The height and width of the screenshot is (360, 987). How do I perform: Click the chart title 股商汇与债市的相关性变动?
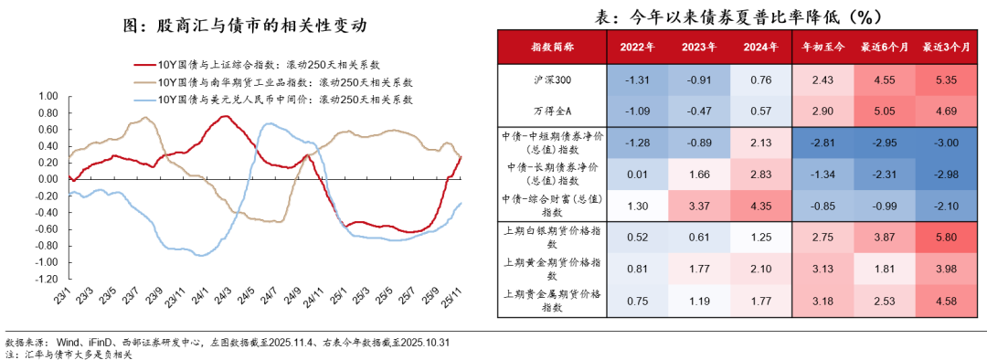tap(247, 25)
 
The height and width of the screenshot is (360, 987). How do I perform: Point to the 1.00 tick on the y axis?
tap(48, 95)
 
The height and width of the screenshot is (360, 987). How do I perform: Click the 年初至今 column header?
tap(822, 47)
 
